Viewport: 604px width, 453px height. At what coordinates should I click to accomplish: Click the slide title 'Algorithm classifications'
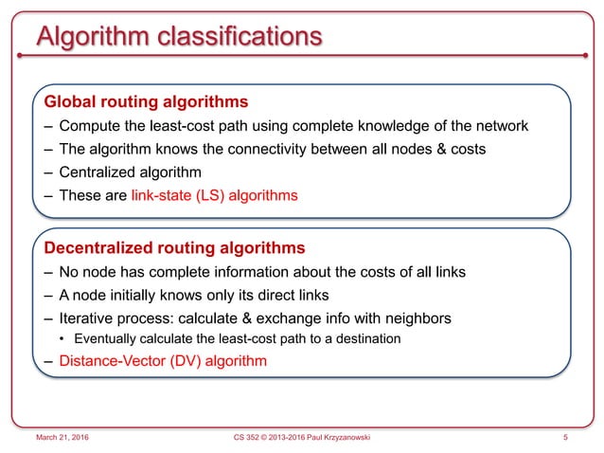point(177,38)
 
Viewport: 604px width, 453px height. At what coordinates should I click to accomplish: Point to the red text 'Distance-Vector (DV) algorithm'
point(163,360)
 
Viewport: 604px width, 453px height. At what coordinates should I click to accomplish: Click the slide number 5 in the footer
point(564,438)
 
